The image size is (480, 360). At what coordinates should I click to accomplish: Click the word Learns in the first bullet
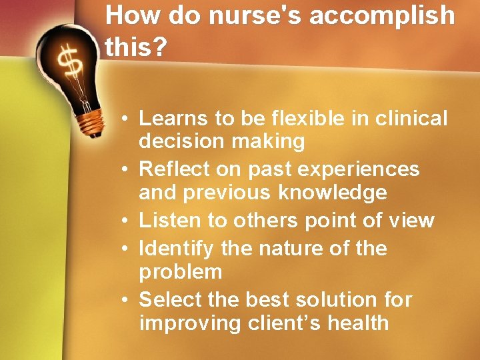pyautogui.click(x=173, y=119)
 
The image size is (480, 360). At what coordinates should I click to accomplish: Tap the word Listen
pyautogui.click(x=167, y=220)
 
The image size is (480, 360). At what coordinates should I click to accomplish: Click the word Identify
pyautogui.click(x=176, y=249)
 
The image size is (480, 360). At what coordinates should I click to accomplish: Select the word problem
pyautogui.click(x=180, y=273)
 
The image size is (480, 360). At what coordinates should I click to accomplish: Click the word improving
pyautogui.click(x=187, y=323)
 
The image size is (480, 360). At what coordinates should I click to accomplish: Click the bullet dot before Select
pyautogui.click(x=127, y=300)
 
